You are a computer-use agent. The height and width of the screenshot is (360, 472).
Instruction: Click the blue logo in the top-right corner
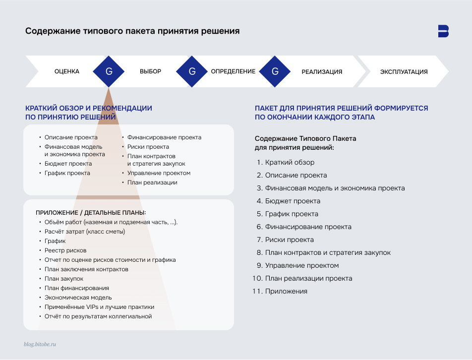pos(443,31)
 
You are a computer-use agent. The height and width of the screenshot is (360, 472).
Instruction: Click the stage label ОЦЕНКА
pos(67,71)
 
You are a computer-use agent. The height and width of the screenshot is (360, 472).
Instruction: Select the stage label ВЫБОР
pos(150,71)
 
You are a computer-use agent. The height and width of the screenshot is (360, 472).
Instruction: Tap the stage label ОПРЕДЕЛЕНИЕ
pos(233,71)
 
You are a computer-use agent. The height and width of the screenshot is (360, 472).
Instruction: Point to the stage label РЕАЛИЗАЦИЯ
pos(322,71)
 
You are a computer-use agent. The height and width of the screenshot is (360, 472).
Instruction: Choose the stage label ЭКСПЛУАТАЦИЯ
pos(404,71)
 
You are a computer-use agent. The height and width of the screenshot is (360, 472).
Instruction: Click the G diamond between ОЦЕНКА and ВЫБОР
pos(109,71)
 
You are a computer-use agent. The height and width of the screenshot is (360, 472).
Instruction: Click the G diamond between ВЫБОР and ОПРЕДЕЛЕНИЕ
pos(192,71)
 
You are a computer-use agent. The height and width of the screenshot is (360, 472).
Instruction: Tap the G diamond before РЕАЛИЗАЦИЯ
pos(275,71)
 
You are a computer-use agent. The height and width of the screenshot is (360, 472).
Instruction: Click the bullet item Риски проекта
pos(148,147)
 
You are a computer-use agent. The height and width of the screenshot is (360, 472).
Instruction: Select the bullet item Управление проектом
pos(159,173)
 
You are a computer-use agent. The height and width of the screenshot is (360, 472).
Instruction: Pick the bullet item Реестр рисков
pos(65,250)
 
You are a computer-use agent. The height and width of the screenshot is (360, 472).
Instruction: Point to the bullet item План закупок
pos(64,279)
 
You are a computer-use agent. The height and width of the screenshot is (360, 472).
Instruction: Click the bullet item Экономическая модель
pos(78,298)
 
